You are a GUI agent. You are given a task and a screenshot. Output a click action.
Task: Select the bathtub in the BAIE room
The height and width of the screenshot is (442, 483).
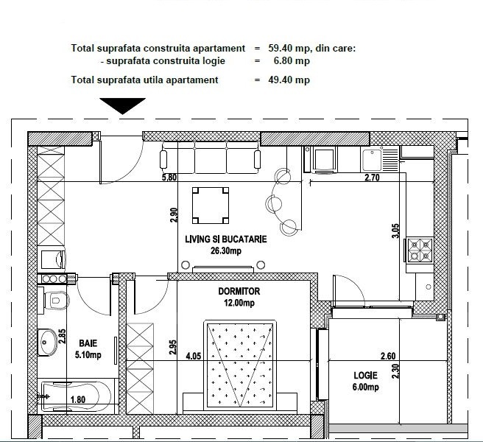point(76,396)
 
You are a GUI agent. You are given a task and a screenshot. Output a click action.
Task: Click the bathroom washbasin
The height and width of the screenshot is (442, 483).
point(47,342)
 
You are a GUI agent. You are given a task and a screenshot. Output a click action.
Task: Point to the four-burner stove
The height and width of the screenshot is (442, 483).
point(420,250)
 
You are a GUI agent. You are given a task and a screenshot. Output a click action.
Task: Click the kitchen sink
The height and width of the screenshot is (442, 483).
point(380,159)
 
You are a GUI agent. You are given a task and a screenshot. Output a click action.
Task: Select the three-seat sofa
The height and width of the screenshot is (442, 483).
point(211,158)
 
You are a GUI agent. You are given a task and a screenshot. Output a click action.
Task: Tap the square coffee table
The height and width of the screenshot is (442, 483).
point(211,206)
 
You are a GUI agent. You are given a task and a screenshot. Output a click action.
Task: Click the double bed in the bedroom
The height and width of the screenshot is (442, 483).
point(240,365)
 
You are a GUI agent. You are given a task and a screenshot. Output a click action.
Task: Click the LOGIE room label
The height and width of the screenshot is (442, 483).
point(365,376)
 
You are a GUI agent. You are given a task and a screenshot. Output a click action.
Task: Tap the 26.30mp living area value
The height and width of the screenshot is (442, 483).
point(226,251)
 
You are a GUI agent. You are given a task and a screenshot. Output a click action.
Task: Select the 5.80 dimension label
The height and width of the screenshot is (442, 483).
point(169,178)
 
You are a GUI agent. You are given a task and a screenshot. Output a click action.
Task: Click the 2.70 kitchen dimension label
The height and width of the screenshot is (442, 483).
point(372,178)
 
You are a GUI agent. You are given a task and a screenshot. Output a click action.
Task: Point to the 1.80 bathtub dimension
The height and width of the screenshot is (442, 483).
point(78,400)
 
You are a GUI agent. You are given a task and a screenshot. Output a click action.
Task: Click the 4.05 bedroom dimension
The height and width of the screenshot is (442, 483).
point(194,357)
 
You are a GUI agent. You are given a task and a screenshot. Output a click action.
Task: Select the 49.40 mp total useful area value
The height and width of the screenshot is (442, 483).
point(289,80)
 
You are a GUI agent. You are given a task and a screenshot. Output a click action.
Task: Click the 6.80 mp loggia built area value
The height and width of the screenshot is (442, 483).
point(292,60)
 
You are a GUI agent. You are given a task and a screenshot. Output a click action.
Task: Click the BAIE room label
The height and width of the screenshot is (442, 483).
point(88,343)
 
